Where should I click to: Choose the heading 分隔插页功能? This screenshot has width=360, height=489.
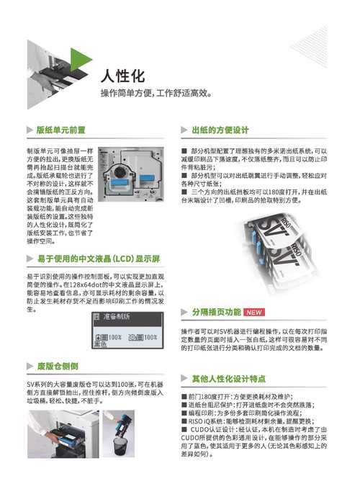click(x=216, y=313)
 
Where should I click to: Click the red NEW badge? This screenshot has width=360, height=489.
click(x=256, y=313)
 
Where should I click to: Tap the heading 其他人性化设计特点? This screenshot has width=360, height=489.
click(x=229, y=378)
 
